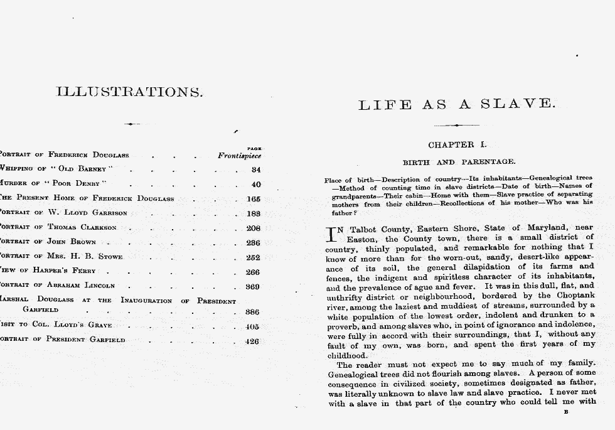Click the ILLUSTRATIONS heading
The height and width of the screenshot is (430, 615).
(x=130, y=92)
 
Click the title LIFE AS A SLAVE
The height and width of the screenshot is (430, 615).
(x=457, y=104)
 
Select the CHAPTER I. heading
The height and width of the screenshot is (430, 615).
(x=457, y=145)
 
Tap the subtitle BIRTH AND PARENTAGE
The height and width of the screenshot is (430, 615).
(x=459, y=162)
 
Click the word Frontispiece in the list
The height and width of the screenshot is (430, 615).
(x=239, y=155)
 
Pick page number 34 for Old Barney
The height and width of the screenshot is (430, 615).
(x=255, y=169)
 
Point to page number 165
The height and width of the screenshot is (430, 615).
(x=254, y=199)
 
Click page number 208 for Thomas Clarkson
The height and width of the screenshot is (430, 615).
(x=253, y=228)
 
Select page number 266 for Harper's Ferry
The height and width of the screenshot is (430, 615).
(x=253, y=272)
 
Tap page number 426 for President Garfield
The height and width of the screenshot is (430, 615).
(x=252, y=341)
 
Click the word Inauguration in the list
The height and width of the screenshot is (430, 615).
(x=146, y=300)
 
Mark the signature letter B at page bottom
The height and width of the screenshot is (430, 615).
(x=566, y=412)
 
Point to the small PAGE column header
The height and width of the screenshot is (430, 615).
(x=255, y=148)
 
